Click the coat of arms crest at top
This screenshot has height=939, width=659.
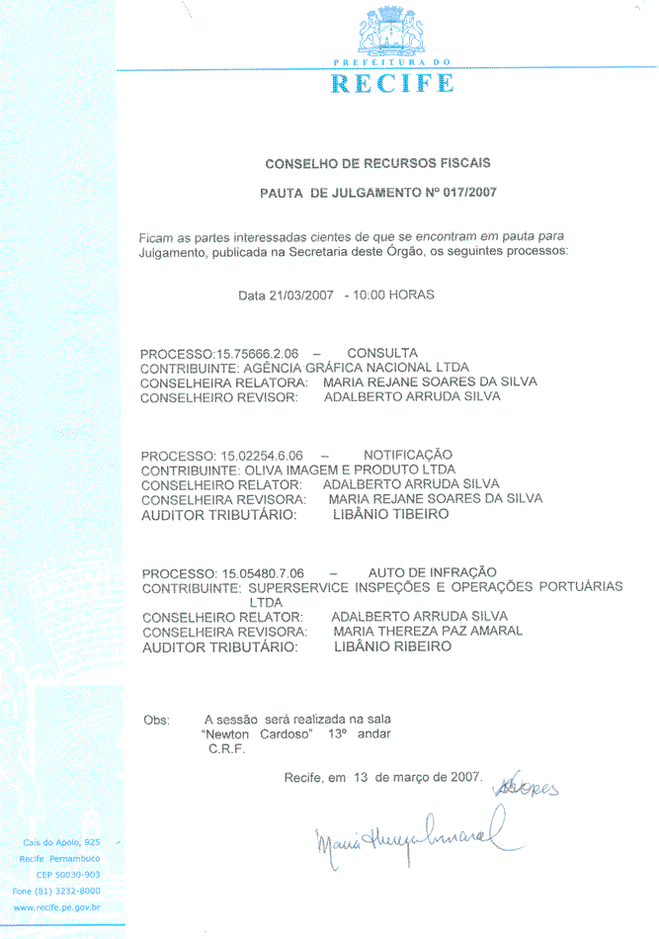394,31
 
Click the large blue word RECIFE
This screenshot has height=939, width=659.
392,84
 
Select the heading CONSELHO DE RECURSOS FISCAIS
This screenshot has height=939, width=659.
377,163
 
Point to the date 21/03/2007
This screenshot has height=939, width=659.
302,296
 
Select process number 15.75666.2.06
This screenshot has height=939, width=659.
257,354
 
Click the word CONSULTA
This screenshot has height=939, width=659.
382,353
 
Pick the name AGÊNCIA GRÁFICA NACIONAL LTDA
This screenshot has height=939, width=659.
356,368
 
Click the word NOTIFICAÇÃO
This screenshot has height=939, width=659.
407,454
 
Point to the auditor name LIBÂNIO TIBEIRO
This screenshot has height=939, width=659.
392,514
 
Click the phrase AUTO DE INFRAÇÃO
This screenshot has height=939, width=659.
432,572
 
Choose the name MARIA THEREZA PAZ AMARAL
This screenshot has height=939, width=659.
428,631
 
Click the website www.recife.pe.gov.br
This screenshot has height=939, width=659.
57,906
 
